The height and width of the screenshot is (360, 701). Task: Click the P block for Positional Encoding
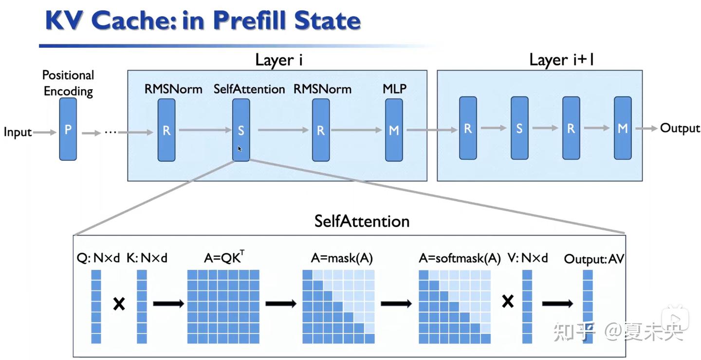point(68,129)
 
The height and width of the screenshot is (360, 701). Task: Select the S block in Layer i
point(241,130)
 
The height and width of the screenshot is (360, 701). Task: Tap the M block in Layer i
point(394,130)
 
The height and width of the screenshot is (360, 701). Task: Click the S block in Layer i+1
point(519,128)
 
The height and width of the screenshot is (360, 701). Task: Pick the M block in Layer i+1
point(623,128)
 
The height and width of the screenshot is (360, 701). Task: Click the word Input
point(18,133)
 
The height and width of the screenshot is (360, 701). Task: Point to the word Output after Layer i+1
point(680,128)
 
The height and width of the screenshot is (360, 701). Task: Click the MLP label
point(394,89)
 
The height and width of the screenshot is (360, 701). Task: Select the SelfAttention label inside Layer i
point(249,89)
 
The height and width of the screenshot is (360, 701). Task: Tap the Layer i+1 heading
point(562,60)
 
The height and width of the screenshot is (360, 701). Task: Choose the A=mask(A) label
point(342,259)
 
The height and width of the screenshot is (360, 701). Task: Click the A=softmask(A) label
point(460,259)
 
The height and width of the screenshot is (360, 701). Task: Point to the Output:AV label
point(594,259)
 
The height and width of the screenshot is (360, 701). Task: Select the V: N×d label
point(528,258)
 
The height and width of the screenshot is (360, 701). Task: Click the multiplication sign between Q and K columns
point(119,303)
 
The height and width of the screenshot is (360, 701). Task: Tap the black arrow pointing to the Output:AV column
point(557,303)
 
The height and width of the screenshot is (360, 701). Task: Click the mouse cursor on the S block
point(240,149)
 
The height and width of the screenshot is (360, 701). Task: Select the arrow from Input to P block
point(45,133)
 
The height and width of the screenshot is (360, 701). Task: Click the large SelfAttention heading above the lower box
point(362,221)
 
